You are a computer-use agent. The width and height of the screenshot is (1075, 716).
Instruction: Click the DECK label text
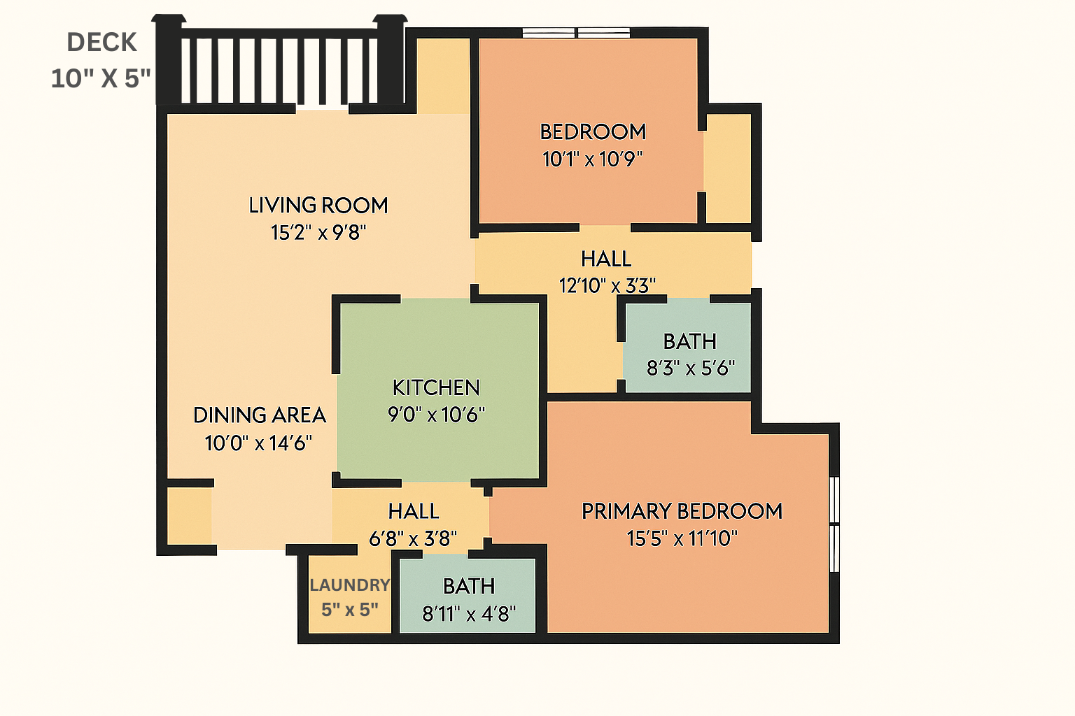[101, 42]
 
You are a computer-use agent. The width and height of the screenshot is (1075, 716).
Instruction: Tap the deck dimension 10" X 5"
[101, 78]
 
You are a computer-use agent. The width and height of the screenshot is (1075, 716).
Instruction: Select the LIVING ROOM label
[318, 206]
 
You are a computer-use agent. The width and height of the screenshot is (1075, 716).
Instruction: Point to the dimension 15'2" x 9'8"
[318, 233]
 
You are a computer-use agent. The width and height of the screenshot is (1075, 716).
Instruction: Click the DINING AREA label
[260, 415]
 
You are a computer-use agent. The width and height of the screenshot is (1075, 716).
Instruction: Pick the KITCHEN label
[436, 387]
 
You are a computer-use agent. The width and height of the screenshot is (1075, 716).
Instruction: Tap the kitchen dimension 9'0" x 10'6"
[436, 415]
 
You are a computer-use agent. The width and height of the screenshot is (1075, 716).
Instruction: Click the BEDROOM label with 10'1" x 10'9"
[593, 132]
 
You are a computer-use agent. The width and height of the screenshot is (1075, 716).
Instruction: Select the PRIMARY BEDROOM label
[682, 511]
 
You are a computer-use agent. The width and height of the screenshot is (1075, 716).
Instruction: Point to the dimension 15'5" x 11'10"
[682, 538]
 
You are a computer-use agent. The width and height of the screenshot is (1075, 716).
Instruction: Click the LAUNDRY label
[350, 585]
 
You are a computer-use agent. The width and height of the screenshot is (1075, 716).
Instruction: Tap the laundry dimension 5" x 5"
[350, 610]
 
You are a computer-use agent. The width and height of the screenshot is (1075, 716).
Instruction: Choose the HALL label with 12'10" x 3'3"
[606, 259]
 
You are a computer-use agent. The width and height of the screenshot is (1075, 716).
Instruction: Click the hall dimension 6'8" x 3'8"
[413, 538]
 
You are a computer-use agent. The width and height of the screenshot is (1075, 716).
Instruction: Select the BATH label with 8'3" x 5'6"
[690, 341]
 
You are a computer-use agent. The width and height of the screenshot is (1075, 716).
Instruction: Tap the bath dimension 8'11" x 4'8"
[469, 613]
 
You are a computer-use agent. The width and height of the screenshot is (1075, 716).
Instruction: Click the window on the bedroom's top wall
[576, 33]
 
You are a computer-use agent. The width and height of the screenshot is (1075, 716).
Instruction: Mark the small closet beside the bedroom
[728, 169]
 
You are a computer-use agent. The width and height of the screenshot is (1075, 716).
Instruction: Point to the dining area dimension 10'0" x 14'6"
[259, 443]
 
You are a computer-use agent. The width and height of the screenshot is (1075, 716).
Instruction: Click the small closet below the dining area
[190, 516]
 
